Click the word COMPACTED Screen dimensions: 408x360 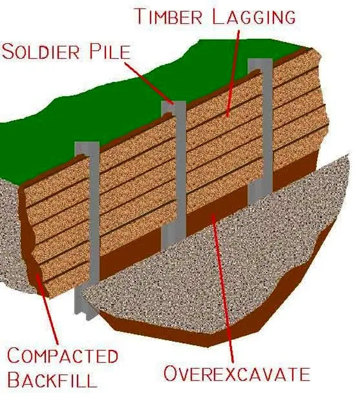coord(62,357)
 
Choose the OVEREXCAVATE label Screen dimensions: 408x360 coord(236,374)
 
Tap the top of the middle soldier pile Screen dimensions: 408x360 coord(173,105)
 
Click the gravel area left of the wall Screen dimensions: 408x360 coord(11,239)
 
